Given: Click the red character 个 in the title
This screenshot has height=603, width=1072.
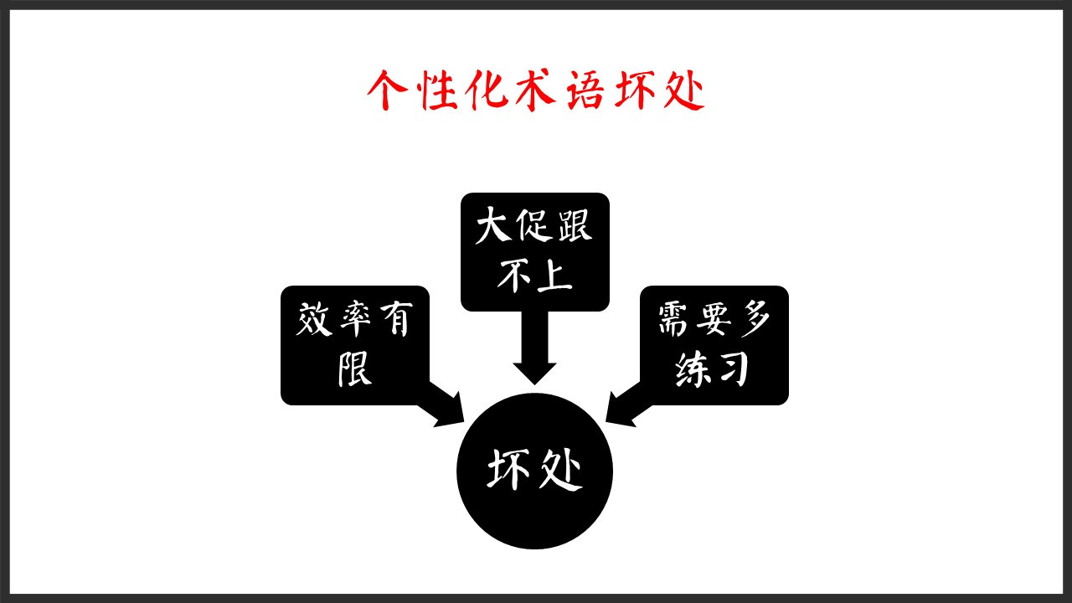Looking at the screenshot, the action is pos(388,90).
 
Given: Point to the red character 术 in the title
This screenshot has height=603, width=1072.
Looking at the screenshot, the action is pos(535,90).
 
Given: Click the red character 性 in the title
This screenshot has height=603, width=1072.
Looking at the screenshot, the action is pos(436,90).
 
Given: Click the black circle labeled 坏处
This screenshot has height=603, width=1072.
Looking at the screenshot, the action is pos(534,471).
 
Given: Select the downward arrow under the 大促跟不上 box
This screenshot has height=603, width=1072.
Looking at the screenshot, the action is pos(534,348).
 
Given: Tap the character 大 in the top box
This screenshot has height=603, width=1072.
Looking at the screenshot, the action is pos(492,225).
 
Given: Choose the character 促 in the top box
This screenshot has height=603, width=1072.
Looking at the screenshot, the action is pos(535,225).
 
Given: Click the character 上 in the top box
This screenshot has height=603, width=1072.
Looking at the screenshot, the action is pos(554,276).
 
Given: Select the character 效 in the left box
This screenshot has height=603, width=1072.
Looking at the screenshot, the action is pos(313,319).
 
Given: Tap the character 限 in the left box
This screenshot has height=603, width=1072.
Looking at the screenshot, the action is pos(354,369).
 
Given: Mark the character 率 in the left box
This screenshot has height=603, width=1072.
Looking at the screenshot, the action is pos(355,319).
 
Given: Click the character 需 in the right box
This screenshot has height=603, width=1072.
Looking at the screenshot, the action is pos(673,319).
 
